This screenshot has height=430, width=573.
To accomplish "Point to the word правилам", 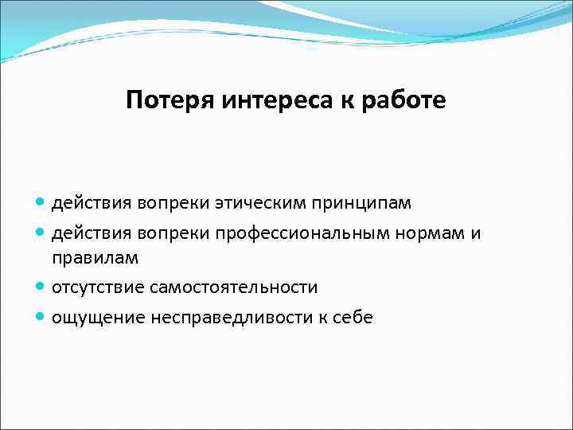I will point(95,259).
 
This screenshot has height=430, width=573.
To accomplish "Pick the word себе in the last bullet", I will point(351,318).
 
